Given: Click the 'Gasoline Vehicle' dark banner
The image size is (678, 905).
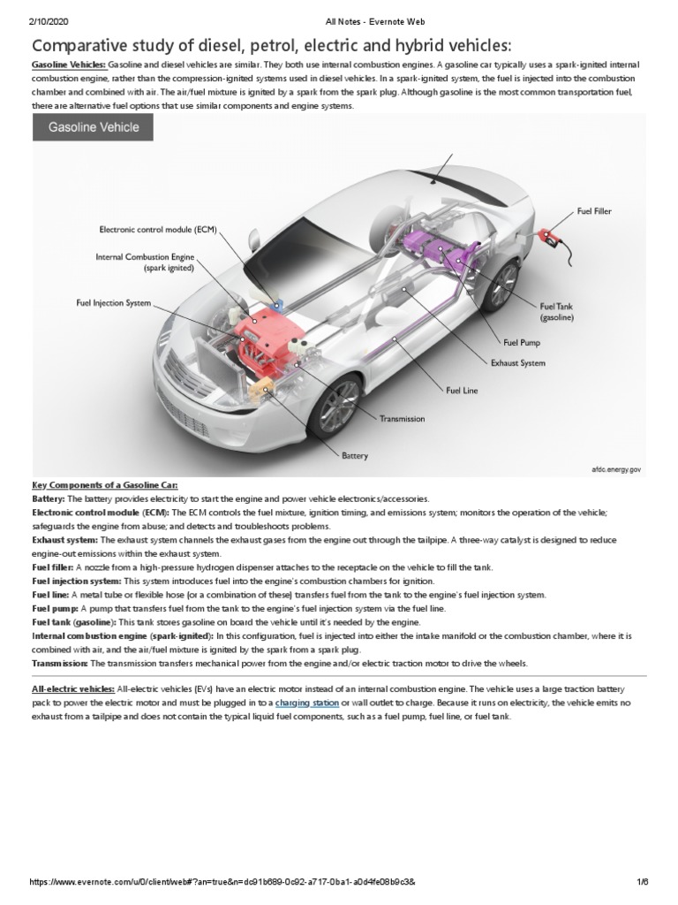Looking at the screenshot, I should coord(93,127).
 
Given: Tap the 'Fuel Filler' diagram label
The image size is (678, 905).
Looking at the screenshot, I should coord(594,211).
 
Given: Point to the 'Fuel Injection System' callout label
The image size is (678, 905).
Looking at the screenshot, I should coord(114,303).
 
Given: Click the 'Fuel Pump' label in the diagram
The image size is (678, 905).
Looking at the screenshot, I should coord(522,342).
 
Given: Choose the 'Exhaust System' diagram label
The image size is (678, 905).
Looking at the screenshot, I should coord(517,362).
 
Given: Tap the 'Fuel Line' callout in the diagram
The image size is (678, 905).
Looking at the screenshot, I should coord(462,390).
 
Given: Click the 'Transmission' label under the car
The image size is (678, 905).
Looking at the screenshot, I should coord(402,418).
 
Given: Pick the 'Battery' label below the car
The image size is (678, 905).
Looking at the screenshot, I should coord(355,456).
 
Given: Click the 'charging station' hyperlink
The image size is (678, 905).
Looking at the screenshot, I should coord(306,703).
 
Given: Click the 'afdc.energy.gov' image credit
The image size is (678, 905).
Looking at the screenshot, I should coord(615,470).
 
